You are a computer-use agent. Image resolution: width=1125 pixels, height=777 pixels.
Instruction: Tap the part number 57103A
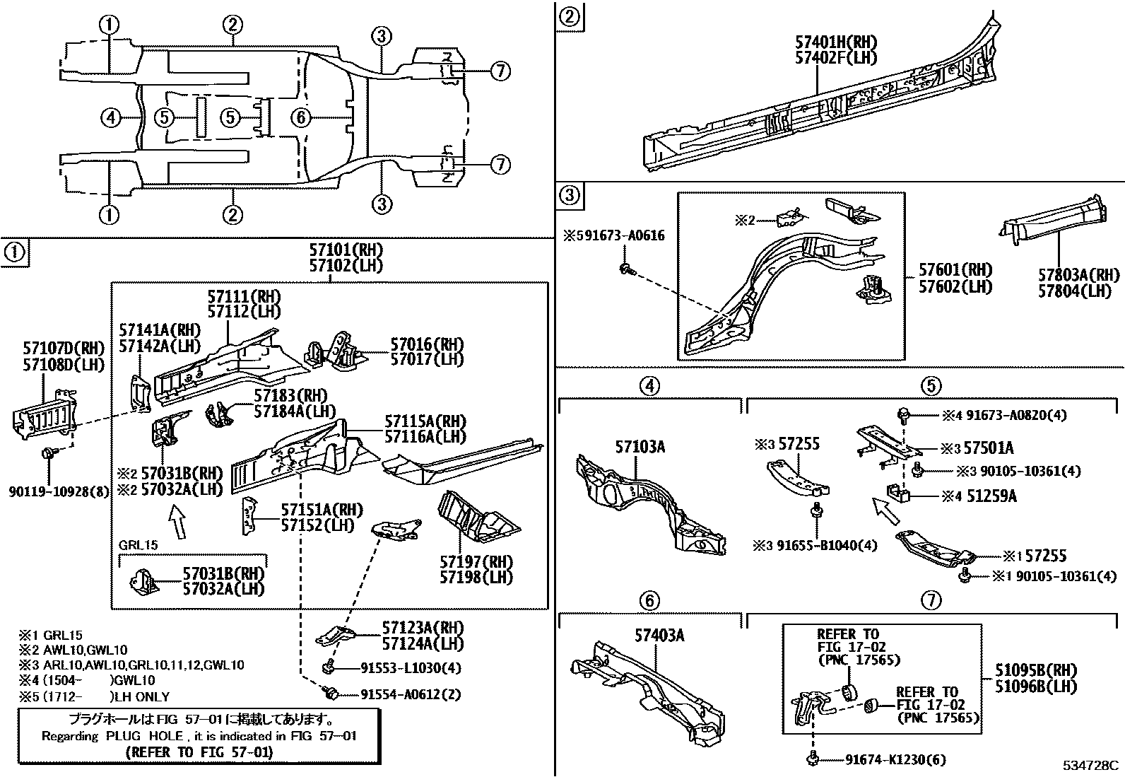click(640, 447)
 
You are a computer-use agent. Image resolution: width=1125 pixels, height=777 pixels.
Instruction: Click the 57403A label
click(660, 636)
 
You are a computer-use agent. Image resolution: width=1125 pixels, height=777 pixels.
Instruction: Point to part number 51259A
click(990, 496)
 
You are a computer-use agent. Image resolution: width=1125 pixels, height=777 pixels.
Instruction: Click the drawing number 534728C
click(1091, 766)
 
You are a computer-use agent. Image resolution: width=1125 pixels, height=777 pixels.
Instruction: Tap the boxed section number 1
click(15, 251)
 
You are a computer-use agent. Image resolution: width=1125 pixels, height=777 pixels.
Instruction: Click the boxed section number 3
click(569, 194)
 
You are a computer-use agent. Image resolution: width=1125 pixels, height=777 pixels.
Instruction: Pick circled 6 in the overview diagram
click(301, 117)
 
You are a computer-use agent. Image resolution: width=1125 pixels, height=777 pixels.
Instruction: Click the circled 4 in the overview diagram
click(111, 117)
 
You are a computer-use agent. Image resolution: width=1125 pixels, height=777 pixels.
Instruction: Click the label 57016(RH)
click(427, 344)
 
